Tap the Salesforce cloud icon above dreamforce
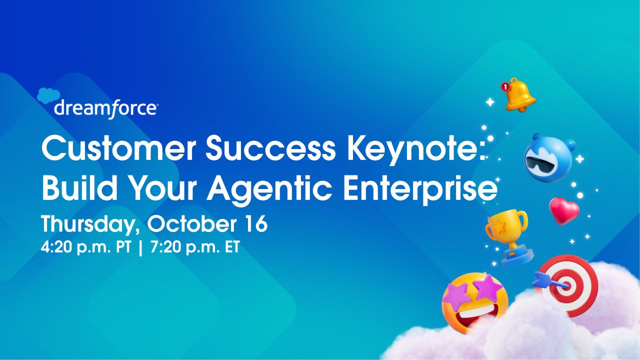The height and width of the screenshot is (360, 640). (48, 95)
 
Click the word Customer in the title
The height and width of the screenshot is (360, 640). (119, 149)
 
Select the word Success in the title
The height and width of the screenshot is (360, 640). (270, 149)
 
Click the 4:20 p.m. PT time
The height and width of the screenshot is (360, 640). (85, 247)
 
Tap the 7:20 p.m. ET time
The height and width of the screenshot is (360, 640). (195, 247)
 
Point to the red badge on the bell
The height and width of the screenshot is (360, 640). (505, 86)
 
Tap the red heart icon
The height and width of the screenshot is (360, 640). (564, 210)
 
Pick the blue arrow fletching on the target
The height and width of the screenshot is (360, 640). (541, 279)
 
